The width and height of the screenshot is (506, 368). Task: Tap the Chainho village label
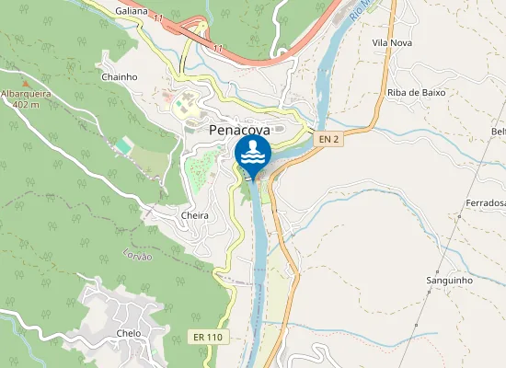point(119,77)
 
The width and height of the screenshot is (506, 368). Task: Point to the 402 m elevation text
point(25,104)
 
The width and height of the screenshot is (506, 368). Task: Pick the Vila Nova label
point(391,43)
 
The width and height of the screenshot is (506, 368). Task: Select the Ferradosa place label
point(485,202)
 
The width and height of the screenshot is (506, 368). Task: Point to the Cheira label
point(195,215)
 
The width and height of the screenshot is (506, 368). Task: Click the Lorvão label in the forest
point(137,258)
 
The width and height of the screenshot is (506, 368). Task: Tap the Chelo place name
point(129,333)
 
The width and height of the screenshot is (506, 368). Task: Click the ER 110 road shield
point(208,338)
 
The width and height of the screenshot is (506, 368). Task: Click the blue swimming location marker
point(253,154)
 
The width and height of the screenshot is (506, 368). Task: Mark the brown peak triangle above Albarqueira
point(10,83)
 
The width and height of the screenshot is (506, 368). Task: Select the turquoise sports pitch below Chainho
point(124,145)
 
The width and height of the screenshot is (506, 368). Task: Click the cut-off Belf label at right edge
point(499,132)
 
